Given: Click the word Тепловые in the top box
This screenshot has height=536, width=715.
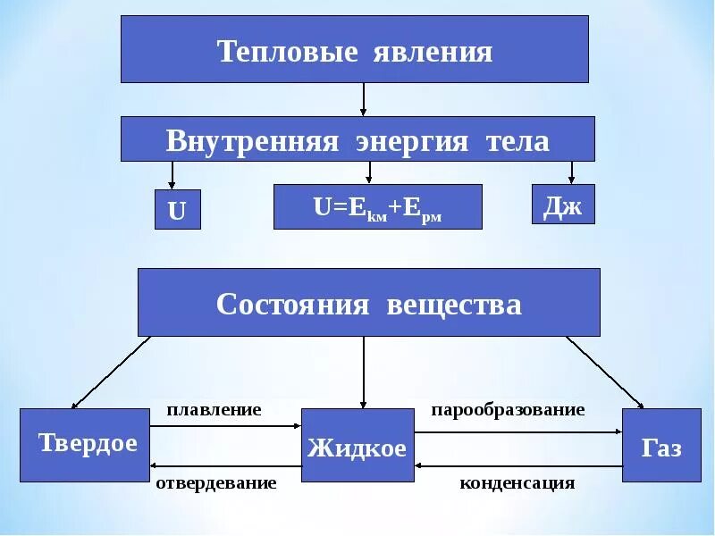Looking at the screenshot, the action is click(287, 51).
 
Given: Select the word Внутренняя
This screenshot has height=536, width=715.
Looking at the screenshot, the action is click(252, 141).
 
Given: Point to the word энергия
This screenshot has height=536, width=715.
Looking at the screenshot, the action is click(412, 141).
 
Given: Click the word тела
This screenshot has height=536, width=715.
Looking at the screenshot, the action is click(517, 141).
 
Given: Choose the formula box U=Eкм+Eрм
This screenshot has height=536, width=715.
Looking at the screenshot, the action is click(377, 207).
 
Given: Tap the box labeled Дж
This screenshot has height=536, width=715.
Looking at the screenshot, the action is click(563, 206).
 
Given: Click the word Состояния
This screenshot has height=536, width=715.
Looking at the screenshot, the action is click(292, 305).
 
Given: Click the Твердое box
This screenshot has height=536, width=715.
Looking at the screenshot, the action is click(85, 444).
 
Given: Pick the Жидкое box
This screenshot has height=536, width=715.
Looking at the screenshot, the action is click(357, 447).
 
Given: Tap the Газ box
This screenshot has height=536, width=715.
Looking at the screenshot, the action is click(660, 446).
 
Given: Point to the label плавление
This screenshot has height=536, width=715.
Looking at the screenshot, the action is click(214, 410).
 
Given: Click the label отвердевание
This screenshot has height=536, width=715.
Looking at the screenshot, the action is click(215, 483).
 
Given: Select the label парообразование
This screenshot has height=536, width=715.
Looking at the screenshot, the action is click(508, 410).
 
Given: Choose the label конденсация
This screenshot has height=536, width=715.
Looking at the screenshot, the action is click(517, 483).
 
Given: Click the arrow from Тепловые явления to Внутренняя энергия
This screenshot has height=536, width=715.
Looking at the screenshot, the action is click(363, 99).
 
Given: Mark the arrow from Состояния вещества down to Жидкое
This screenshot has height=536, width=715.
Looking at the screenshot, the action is click(363, 372).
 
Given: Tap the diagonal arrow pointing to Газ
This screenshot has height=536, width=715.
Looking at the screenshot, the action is click(605, 373).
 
